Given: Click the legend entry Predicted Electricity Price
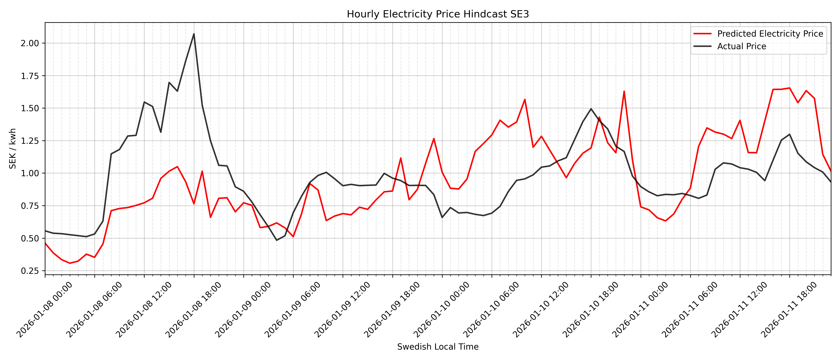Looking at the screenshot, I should (770, 34).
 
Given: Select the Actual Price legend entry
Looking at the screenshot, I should (742, 46).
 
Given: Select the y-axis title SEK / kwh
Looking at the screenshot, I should (12, 149).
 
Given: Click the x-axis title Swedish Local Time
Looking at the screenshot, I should (438, 347).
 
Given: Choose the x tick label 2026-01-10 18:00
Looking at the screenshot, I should (591, 310).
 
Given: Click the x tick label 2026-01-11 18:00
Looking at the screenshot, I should (789, 310).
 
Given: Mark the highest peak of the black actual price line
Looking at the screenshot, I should (194, 34).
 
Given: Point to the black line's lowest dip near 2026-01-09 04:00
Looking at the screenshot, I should (277, 240).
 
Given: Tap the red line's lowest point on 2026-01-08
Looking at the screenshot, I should (70, 263).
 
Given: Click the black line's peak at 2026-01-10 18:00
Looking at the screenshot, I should (591, 109).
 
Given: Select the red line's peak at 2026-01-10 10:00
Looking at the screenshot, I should (525, 99).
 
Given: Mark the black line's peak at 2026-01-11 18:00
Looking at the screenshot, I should (789, 134).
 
